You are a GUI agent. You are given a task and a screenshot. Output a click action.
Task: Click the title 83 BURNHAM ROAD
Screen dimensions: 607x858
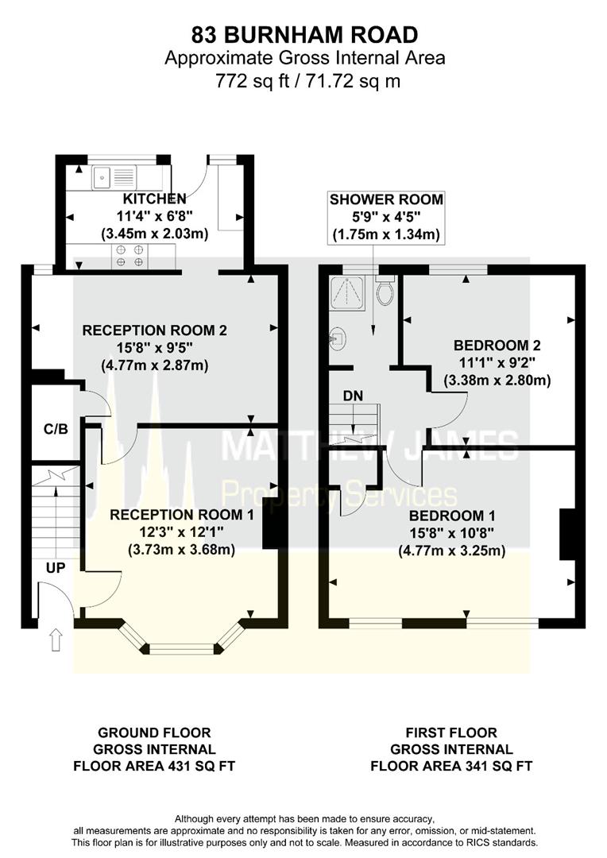point(304,35)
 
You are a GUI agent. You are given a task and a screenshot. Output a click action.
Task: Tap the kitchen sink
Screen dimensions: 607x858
point(114,176)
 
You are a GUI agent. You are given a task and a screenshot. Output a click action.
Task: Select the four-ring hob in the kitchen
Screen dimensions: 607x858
point(130,256)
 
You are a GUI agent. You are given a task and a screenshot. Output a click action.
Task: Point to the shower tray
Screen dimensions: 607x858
point(347,292)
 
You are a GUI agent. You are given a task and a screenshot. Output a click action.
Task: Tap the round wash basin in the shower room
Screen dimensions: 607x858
point(338,338)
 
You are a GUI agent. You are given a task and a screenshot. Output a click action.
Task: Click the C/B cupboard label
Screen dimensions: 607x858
point(56,429)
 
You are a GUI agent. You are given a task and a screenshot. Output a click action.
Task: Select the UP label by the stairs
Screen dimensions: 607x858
point(56,568)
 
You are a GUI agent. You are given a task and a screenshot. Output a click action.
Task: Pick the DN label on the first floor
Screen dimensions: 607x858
point(353,396)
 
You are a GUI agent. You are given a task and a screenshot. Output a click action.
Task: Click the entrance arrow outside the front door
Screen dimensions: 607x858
point(55,639)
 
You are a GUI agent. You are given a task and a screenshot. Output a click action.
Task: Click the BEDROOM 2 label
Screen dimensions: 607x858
point(497,346)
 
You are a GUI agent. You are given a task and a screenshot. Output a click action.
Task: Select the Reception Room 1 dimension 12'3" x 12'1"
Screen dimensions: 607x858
point(181,531)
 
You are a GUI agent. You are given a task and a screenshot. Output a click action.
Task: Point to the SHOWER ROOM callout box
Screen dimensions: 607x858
point(386,217)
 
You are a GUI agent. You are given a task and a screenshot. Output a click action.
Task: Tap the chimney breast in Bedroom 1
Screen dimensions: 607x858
point(567,535)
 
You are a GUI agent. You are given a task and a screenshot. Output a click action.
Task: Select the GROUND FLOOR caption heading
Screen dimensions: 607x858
point(154,732)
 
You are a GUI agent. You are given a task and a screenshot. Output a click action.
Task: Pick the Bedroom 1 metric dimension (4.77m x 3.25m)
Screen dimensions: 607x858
point(451,550)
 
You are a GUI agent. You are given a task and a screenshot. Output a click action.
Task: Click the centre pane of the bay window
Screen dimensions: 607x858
point(182,649)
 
